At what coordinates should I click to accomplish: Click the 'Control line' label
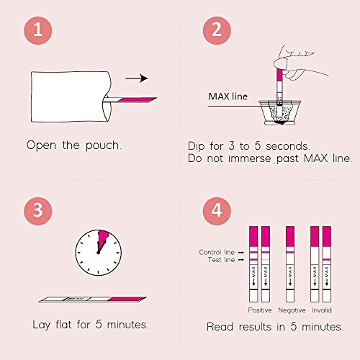tap(217, 252)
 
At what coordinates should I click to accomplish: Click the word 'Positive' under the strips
tap(260, 310)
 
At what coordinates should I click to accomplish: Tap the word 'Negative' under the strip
tap(292, 310)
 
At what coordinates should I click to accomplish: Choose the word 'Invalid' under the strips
tap(322, 310)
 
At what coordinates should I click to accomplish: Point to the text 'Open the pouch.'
tap(74, 145)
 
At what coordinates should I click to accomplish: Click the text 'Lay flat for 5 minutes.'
tap(91, 325)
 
